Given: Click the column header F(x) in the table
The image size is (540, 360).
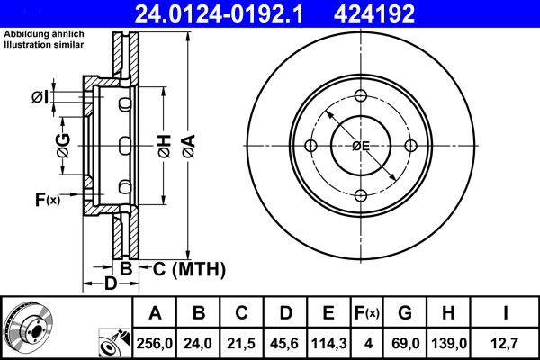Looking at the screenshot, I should click(367, 313).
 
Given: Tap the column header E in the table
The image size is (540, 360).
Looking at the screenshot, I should click(328, 313).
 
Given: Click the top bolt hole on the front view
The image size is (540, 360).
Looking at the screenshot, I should click(361, 97).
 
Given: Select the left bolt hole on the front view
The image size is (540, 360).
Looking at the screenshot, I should click(311, 147).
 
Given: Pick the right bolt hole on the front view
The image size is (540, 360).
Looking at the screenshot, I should click(411, 147).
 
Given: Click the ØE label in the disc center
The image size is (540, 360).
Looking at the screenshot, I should click(361, 146).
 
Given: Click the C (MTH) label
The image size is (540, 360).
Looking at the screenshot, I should click(184, 269).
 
